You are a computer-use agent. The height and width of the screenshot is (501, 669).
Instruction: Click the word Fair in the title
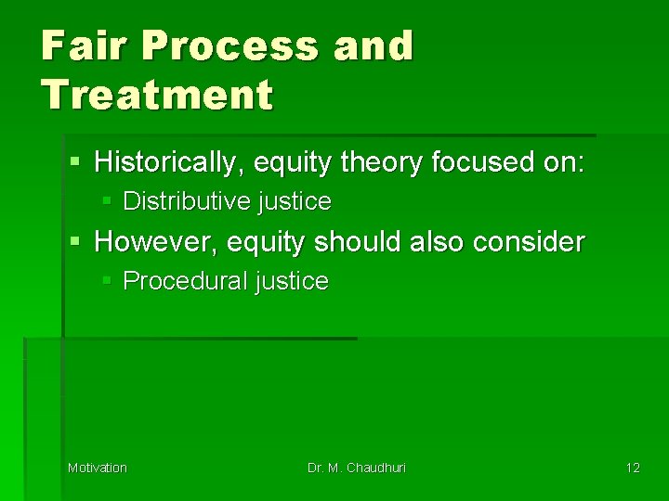[x=75, y=45]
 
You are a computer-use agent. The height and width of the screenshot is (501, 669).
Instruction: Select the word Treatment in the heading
[x=157, y=94]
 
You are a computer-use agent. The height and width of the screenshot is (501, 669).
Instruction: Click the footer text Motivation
[x=98, y=468]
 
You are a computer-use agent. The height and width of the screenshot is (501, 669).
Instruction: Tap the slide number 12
[x=632, y=468]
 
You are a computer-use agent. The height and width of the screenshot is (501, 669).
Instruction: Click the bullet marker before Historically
[x=76, y=163]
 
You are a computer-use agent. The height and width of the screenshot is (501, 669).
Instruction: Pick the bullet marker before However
[x=76, y=242]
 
